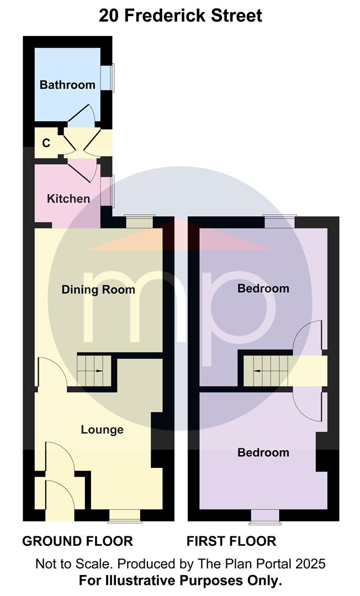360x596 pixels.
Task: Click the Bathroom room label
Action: [67, 84]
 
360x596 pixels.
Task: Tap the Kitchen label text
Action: [68, 199]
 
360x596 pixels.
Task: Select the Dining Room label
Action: [98, 290]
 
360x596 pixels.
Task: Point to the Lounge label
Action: [102, 429]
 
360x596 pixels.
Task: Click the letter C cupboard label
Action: [46, 143]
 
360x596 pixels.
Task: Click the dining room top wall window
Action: [140, 222]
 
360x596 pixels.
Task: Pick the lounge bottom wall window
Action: [125, 516]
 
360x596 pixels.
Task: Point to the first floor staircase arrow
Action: [257, 371]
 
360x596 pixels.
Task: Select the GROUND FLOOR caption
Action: [77, 541]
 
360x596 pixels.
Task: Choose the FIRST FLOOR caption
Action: [231, 541]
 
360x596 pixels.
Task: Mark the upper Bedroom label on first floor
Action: [263, 288]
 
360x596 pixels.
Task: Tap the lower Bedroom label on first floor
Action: [263, 453]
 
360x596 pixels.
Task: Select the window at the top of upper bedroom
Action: [280, 221]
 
